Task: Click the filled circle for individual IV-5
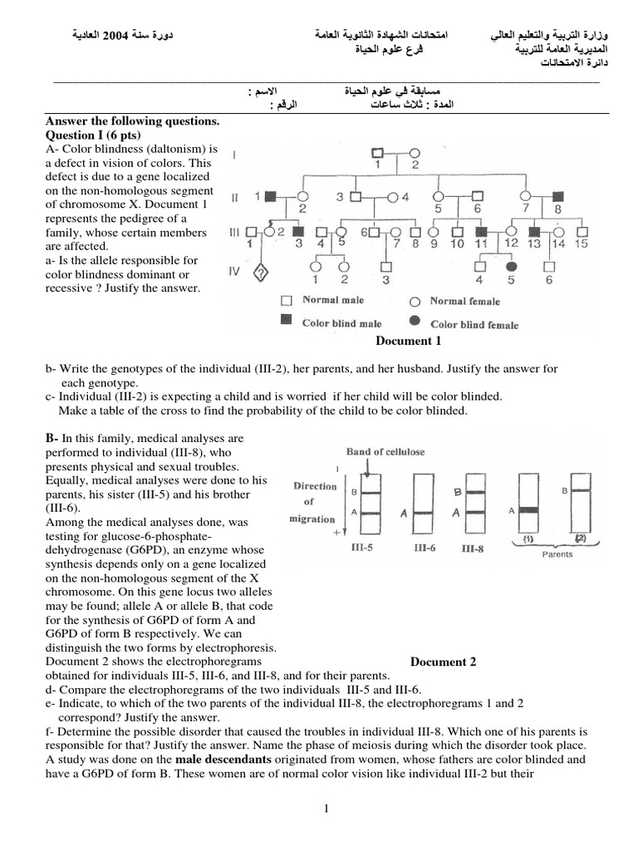512,267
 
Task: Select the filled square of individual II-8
557,197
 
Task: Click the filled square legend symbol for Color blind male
287,322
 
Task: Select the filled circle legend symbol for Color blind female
414,324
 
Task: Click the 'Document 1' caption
408,341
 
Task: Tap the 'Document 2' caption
444,662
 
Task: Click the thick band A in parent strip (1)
528,509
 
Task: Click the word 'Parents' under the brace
556,554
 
